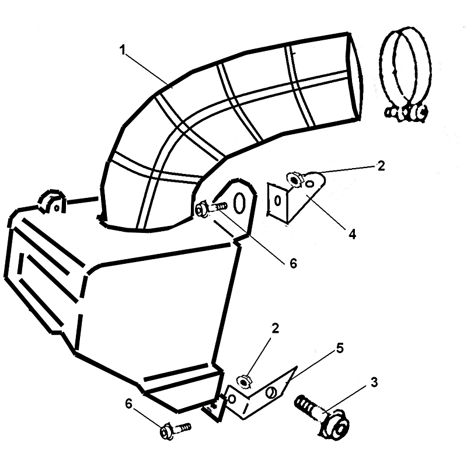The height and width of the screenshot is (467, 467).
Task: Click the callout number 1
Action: (x=123, y=50)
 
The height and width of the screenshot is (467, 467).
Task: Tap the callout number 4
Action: (x=353, y=235)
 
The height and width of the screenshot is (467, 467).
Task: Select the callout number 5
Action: (x=340, y=348)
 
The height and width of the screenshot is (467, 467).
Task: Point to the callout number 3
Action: (x=374, y=382)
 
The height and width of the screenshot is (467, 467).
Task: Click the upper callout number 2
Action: (x=381, y=166)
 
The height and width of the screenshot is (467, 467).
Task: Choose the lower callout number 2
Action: (x=275, y=328)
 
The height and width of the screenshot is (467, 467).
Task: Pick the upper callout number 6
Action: (x=294, y=263)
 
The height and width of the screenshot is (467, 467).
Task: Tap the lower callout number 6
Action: (x=128, y=404)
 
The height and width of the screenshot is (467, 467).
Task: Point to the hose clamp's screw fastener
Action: (x=406, y=113)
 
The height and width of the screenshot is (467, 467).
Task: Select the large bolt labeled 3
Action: (x=322, y=414)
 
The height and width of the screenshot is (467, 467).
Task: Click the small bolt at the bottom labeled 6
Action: (x=175, y=430)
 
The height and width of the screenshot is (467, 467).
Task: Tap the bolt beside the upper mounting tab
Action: (x=211, y=208)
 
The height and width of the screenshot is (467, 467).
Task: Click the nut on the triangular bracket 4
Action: (x=294, y=180)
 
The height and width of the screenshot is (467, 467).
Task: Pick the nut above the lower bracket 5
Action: (x=244, y=382)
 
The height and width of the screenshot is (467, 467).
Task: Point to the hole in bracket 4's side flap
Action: (x=277, y=201)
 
